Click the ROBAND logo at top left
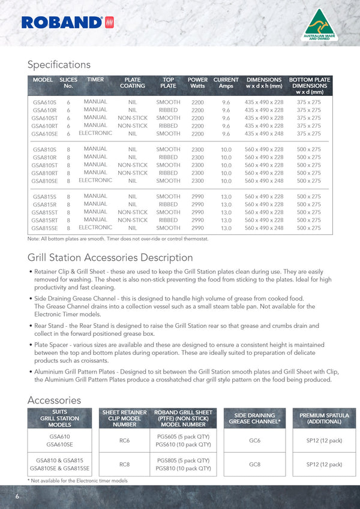click(x=67, y=22)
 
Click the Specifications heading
click(x=59, y=64)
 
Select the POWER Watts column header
click(x=197, y=83)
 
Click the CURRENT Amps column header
click(x=226, y=83)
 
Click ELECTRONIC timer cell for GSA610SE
click(x=95, y=133)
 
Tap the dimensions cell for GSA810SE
click(x=264, y=180)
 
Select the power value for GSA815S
click(x=197, y=197)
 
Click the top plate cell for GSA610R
click(x=168, y=110)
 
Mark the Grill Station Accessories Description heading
click(x=110, y=257)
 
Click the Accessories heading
click(x=54, y=400)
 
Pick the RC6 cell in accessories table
click(x=125, y=441)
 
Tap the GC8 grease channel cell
click(x=254, y=464)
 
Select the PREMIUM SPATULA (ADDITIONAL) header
click(x=324, y=418)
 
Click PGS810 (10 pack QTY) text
click(x=183, y=468)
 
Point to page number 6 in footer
click(x=17, y=496)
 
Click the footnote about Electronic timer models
click(x=77, y=481)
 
